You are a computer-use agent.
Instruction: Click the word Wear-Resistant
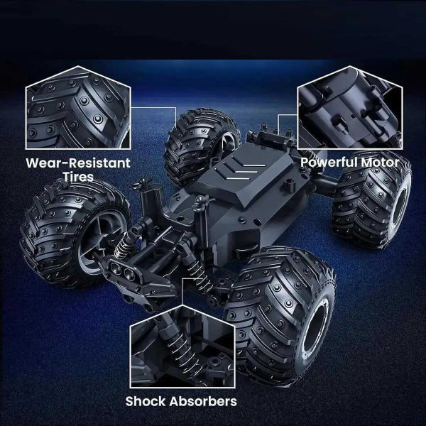[78, 163]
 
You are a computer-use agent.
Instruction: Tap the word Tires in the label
[78, 177]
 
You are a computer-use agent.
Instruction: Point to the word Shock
[149, 401]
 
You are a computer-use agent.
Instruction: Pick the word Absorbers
[202, 401]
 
